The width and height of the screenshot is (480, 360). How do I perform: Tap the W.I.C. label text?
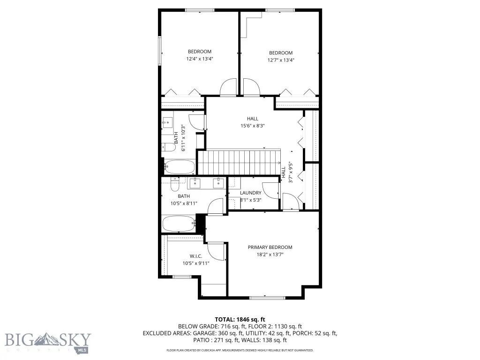pyautogui.click(x=195, y=256)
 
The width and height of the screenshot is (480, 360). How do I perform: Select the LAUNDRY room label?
pyautogui.click(x=250, y=193)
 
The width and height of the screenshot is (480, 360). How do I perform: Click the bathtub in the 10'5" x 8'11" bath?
pyautogui.click(x=178, y=224)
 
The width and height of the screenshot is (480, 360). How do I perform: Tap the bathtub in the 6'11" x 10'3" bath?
pyautogui.click(x=180, y=167)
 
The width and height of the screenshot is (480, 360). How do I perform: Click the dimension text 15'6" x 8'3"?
pyautogui.click(x=253, y=126)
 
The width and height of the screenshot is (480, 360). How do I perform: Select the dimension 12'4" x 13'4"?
pyautogui.click(x=199, y=59)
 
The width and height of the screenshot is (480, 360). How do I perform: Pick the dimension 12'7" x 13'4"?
pyautogui.click(x=281, y=60)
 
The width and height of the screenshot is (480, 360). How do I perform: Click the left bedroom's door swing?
pyautogui.click(x=228, y=88)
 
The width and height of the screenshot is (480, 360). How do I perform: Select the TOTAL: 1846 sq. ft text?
pyautogui.click(x=240, y=318)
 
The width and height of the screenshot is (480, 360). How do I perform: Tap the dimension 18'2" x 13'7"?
pyautogui.click(x=270, y=255)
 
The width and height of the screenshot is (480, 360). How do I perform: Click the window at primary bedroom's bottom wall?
pyautogui.click(x=267, y=297)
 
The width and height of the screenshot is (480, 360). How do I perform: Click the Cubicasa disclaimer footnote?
pyautogui.click(x=240, y=350)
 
